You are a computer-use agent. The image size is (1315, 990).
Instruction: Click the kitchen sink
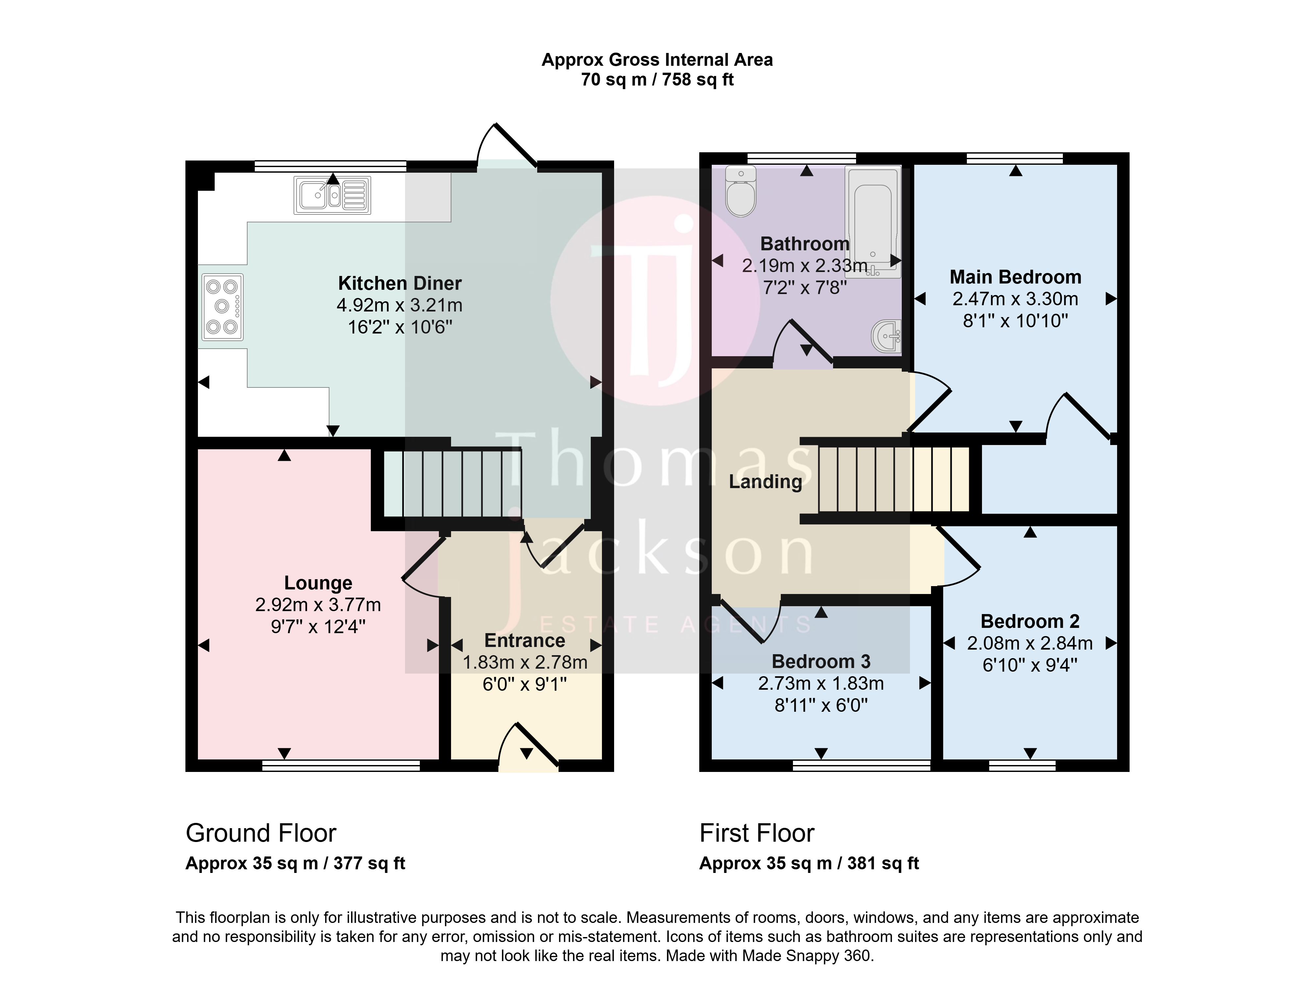point(332,195)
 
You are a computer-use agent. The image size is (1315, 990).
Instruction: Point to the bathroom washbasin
point(886,336)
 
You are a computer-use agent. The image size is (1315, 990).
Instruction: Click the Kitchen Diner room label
point(399,283)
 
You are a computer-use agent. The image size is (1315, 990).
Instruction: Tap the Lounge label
point(318,583)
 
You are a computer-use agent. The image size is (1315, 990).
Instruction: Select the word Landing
point(765,482)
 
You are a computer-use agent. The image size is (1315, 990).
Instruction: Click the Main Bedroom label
point(1016,277)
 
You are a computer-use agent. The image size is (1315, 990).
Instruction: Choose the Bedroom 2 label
point(1030,621)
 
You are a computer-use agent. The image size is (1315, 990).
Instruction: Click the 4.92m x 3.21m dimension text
point(399,305)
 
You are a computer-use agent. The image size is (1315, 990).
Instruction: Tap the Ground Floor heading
point(261,833)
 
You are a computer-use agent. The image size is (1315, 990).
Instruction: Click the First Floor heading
point(757,833)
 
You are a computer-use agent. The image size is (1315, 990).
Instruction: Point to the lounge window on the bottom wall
point(341,766)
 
